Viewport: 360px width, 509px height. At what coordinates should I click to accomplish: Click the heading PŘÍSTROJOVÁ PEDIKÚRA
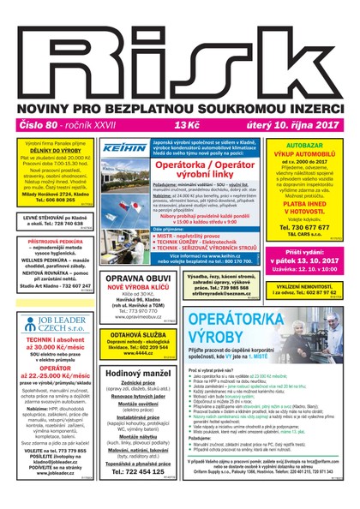49,243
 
